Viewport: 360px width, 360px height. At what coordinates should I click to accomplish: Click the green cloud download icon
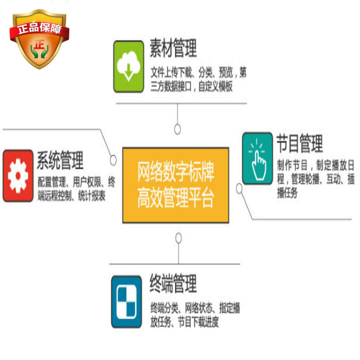pyautogui.click(x=128, y=67)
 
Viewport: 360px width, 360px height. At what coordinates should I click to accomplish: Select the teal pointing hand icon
pyautogui.click(x=257, y=158)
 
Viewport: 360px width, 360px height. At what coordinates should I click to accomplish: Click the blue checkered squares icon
pyautogui.click(x=127, y=302)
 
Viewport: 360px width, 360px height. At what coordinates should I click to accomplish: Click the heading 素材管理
pyautogui.click(x=173, y=49)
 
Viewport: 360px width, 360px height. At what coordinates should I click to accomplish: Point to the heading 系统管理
pyautogui.click(x=60, y=160)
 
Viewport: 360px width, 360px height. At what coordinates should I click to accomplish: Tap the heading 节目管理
pyautogui.click(x=299, y=143)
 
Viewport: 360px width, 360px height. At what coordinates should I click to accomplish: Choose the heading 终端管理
pyautogui.click(x=173, y=284)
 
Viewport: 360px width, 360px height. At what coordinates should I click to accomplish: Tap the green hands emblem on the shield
pyautogui.click(x=38, y=50)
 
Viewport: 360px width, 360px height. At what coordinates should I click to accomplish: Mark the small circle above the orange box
pyautogui.click(x=177, y=129)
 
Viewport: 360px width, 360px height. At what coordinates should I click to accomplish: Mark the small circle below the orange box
pyautogui.click(x=178, y=238)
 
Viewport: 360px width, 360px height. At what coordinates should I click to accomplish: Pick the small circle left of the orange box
pyautogui.click(x=113, y=160)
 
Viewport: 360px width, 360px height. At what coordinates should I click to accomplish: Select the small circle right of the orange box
pyautogui.click(x=239, y=189)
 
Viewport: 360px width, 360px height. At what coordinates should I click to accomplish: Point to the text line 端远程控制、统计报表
pyautogui.click(x=71, y=195)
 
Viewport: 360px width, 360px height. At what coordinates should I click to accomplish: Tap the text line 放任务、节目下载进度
pyautogui.click(x=185, y=322)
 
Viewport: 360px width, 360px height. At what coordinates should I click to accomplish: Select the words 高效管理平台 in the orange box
pyautogui.click(x=175, y=199)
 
